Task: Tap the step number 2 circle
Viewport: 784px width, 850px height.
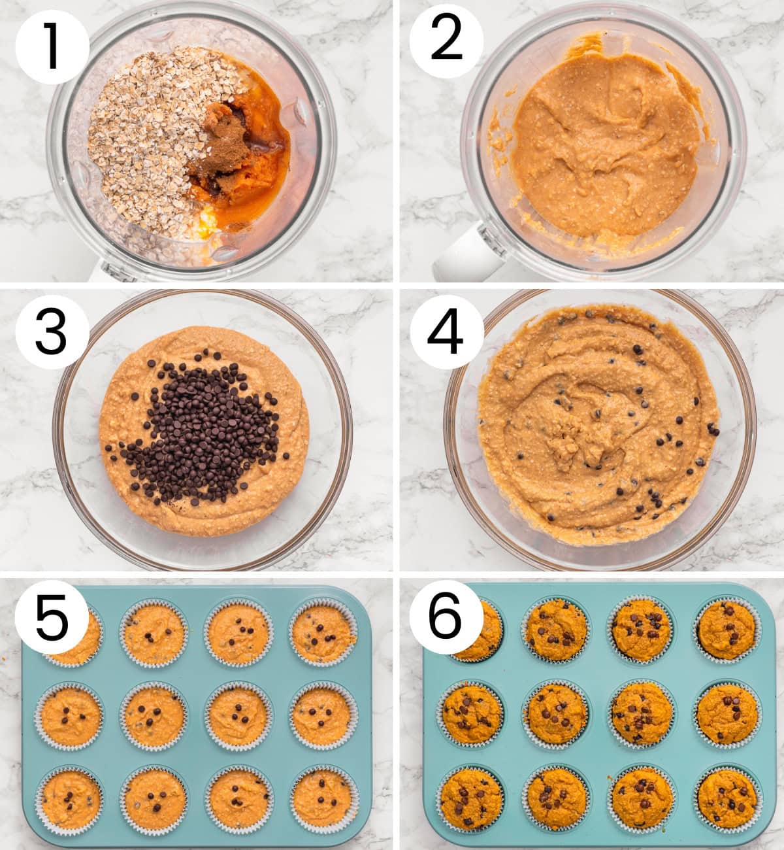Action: coord(446,41)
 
